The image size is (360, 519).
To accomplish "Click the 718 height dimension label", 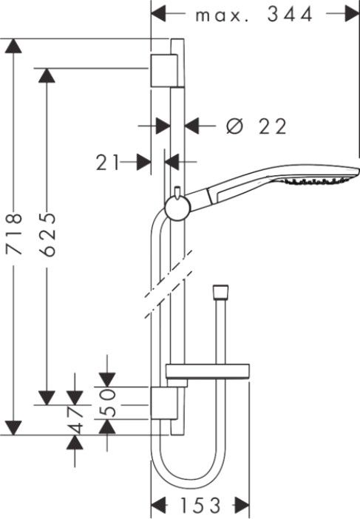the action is (14, 234).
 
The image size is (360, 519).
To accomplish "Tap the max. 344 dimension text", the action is (254, 15).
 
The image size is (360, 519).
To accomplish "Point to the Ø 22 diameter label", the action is (256, 126).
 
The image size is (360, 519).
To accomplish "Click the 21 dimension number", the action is (107, 163).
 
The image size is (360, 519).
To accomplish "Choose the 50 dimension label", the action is (107, 403).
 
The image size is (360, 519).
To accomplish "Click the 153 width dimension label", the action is (200, 505).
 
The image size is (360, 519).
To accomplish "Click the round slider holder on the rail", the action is (177, 208).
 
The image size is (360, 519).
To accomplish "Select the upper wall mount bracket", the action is (163, 70).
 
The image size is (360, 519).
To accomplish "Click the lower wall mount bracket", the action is (163, 403).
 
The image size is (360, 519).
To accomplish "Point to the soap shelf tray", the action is (207, 372).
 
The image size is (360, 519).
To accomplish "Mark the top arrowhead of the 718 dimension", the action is (13, 46).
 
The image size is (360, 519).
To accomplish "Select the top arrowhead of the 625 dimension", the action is (47, 75).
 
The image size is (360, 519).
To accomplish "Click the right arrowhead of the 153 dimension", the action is (242, 505).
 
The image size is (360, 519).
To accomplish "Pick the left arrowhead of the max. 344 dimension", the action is (158, 14).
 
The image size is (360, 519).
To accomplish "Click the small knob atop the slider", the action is (177, 191).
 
